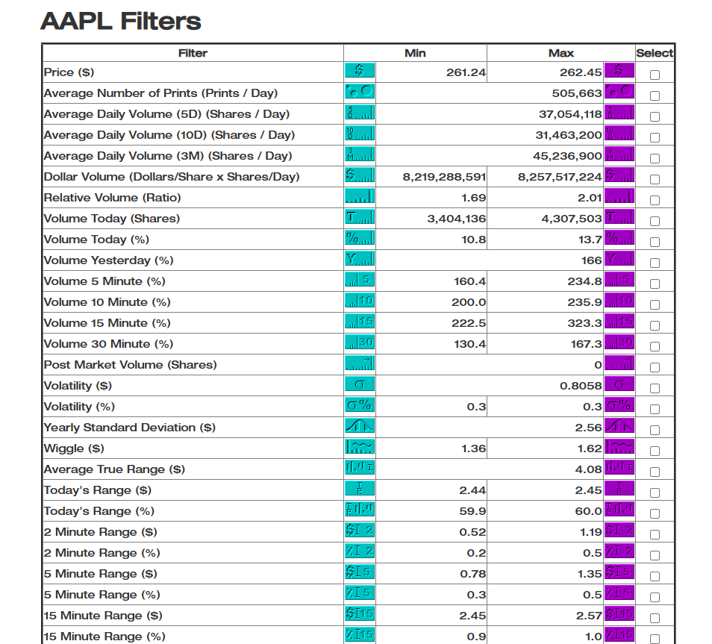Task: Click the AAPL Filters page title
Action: [121, 20]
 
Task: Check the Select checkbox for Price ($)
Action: [655, 75]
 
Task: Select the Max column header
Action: [560, 53]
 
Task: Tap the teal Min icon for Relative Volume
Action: [360, 197]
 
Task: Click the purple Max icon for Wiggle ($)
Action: [619, 448]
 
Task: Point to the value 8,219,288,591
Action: [444, 177]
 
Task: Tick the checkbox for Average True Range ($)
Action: [655, 472]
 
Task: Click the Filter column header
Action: [193, 53]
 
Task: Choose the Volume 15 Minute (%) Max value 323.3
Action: [584, 323]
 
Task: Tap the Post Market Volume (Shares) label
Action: [130, 365]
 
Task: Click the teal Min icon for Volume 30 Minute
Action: [360, 343]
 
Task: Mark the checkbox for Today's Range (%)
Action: [655, 513]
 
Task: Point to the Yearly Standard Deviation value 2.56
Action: [588, 428]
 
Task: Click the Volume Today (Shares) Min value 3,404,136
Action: [456, 219]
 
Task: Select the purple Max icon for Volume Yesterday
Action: [619, 260]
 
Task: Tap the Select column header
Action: [655, 53]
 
